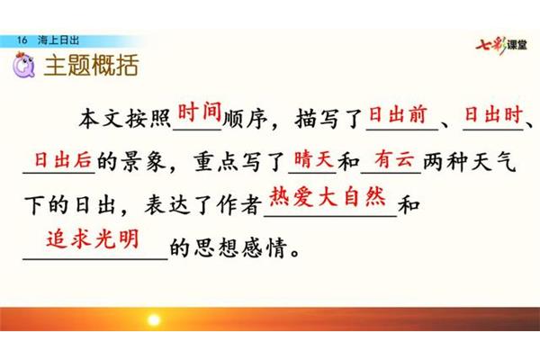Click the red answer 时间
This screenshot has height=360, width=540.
tap(200, 112)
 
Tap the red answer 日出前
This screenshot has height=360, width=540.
tap(398, 114)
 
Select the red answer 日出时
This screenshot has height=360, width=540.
tap(493, 114)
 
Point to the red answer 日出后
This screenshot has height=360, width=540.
tap(63, 160)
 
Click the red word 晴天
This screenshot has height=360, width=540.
tap(314, 159)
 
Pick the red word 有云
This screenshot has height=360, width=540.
tap(395, 159)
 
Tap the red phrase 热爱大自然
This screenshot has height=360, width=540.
tap(328, 197)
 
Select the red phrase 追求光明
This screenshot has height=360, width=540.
tap(93, 238)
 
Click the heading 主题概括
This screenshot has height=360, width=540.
tap(91, 65)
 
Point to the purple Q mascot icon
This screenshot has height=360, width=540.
tap(23, 65)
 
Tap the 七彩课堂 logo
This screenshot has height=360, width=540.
tap(501, 45)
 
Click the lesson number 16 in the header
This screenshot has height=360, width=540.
tap(22, 40)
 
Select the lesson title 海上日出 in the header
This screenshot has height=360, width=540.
tap(58, 40)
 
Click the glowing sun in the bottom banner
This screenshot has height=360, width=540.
tap(154, 319)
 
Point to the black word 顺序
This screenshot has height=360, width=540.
tap(245, 119)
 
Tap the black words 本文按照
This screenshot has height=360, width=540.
tap(125, 119)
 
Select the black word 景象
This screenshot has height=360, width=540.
tap(144, 162)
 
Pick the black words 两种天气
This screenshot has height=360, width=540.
tap(470, 162)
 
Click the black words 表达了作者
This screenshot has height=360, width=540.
tap(203, 205)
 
